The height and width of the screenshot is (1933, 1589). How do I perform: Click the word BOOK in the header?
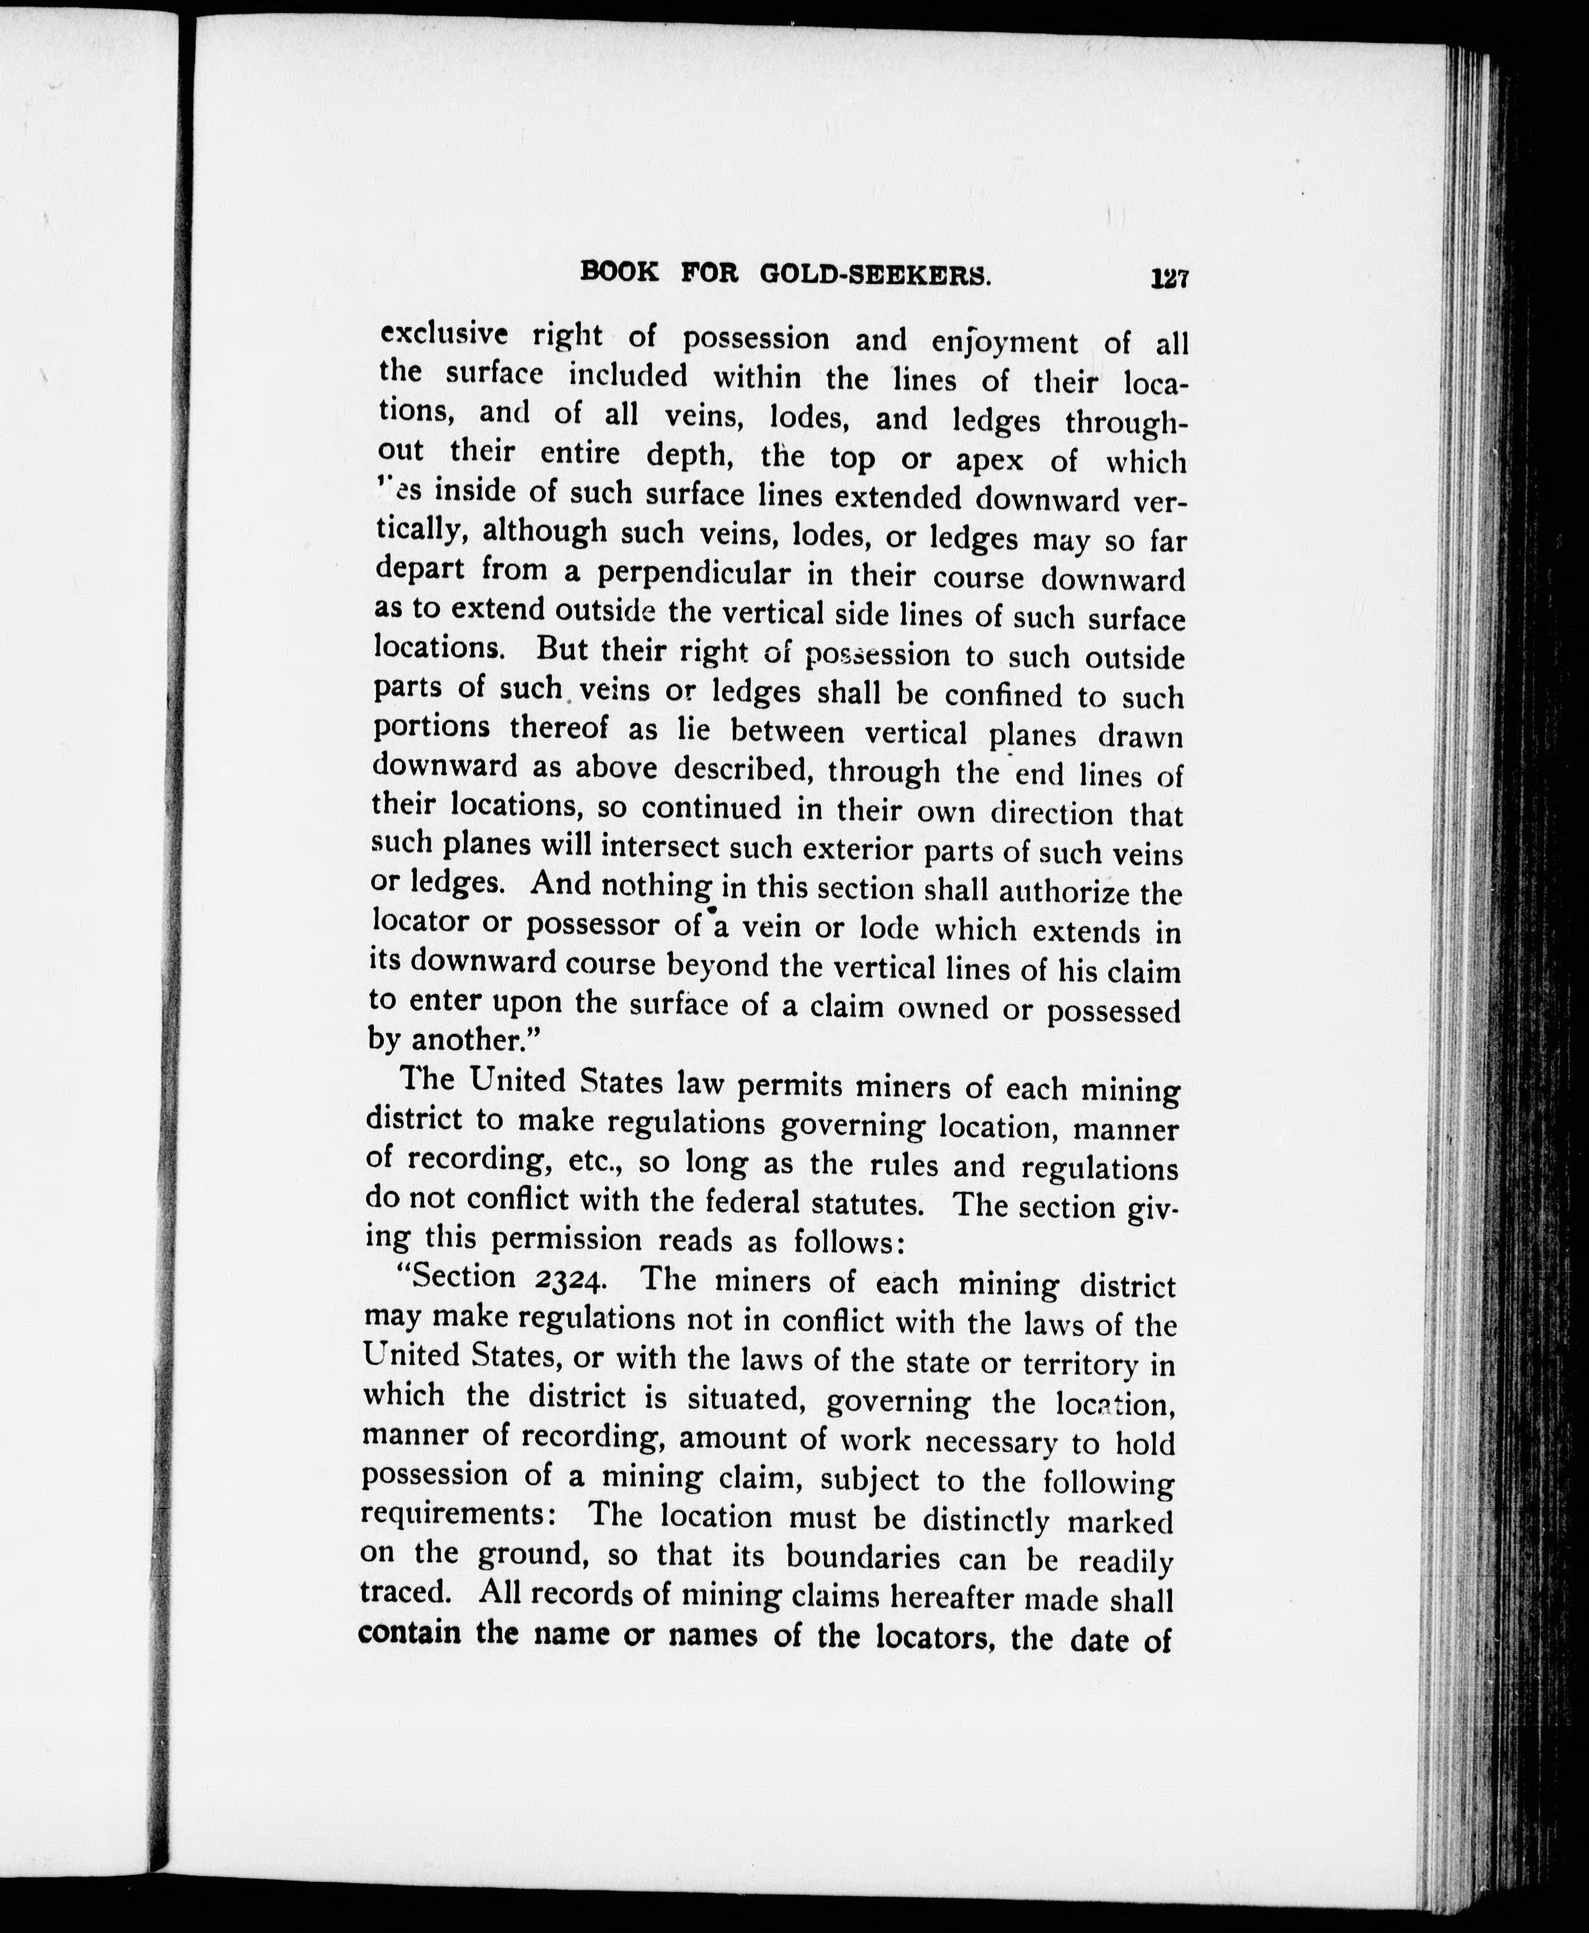point(620,272)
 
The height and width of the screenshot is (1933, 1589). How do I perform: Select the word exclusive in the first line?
point(444,335)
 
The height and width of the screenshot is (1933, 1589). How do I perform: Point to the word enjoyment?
point(1005,342)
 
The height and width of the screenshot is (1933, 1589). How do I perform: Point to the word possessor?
point(592,924)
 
